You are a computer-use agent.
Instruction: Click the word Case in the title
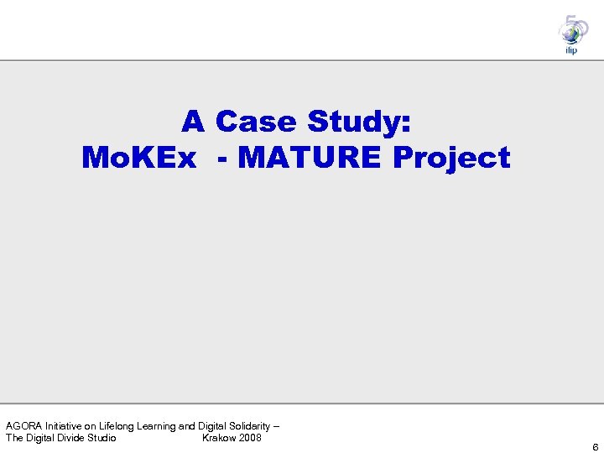coord(257,122)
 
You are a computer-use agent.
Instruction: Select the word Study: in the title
coord(360,122)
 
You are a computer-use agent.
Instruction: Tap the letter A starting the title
coord(193,122)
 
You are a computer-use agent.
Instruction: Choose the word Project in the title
coord(452,158)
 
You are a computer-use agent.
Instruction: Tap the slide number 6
coord(595,447)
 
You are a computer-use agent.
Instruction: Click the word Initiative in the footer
coord(65,427)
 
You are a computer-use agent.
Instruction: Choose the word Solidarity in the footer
coord(249,427)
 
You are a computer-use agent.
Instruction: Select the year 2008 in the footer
coord(250,438)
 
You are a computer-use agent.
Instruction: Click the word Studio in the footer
coord(101,438)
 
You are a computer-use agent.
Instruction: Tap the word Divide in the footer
coord(68,438)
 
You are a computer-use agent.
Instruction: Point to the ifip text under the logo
coord(572,50)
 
